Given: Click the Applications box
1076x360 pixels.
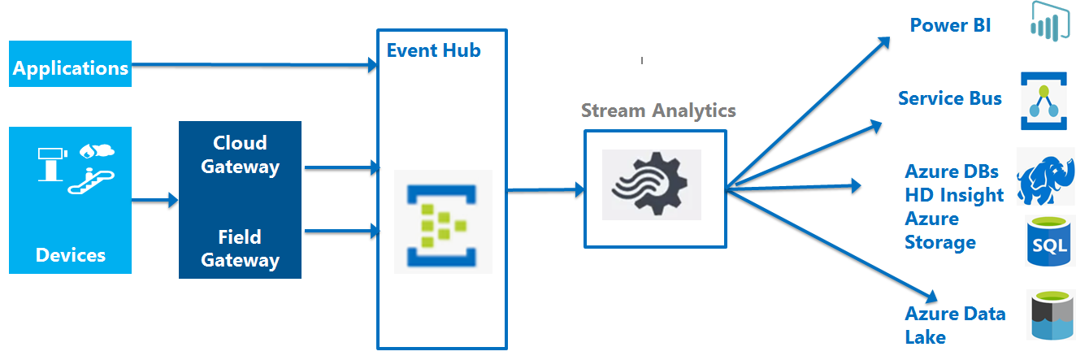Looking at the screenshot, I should coord(70,64).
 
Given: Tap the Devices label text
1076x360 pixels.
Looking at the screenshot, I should coord(71,255).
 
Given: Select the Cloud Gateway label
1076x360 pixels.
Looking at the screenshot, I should coord(240,154).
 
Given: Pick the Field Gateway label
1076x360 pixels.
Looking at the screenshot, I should coord(240,249).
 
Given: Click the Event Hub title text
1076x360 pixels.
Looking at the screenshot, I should coord(433,50).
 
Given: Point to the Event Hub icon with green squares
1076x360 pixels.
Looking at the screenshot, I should coord(443,221).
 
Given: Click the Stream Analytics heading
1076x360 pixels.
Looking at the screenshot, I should coord(658,111).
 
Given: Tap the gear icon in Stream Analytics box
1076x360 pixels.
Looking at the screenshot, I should coord(651,184).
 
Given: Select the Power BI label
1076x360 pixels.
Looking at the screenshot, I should coord(950,25).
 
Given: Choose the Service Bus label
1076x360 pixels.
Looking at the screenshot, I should coord(949,99).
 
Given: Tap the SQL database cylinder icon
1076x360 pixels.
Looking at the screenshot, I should coord(1049,241).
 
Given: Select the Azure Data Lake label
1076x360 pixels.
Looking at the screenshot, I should coord(955,325).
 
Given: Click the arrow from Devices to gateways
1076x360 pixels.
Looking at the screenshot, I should coord(155,200).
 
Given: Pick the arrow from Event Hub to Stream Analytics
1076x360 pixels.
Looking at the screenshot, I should coord(545,190).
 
